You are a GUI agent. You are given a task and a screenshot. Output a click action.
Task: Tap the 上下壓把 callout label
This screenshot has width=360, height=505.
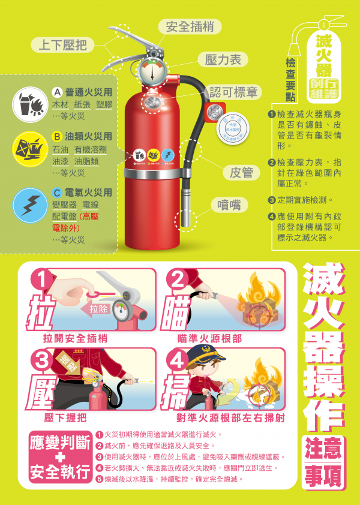(63, 44)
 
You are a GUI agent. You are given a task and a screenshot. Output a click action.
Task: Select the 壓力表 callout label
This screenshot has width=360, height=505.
(223, 59)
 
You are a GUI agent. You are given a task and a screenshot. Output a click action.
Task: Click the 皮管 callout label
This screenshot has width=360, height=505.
(241, 173)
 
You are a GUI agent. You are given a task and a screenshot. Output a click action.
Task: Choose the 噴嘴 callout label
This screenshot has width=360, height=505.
(229, 205)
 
